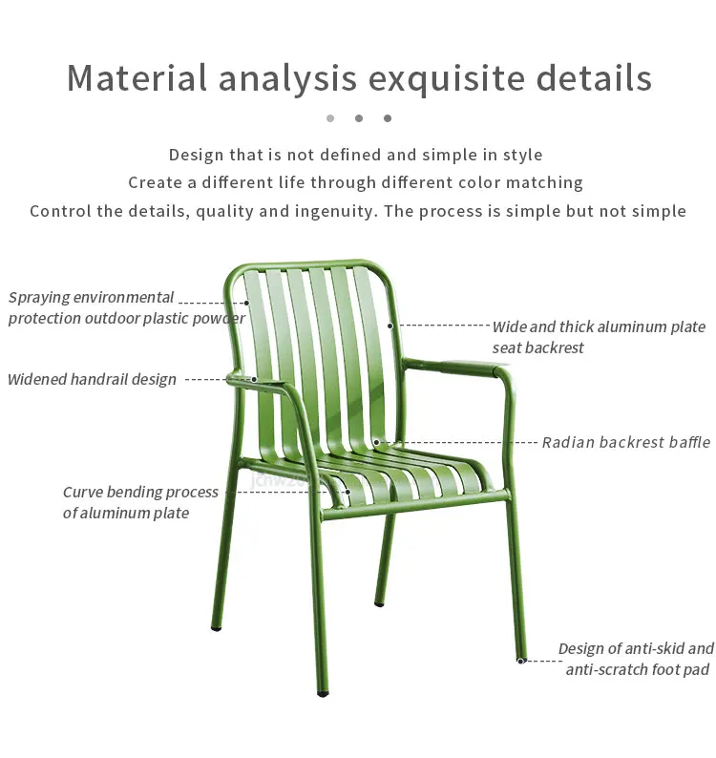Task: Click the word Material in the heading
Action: click(x=137, y=77)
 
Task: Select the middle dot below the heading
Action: click(x=359, y=118)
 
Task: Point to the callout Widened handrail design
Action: click(x=92, y=379)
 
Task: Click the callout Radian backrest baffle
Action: click(x=625, y=442)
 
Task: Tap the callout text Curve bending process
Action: click(x=140, y=493)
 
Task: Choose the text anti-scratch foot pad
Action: click(x=637, y=669)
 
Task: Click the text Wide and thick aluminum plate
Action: click(x=599, y=326)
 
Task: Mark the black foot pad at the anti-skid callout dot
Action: click(x=521, y=660)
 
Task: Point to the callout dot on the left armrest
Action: click(x=255, y=379)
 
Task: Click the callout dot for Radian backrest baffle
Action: click(x=377, y=442)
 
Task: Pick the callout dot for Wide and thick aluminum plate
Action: click(x=390, y=326)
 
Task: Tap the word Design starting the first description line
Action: click(x=197, y=155)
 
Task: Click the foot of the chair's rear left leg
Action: click(x=217, y=629)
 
